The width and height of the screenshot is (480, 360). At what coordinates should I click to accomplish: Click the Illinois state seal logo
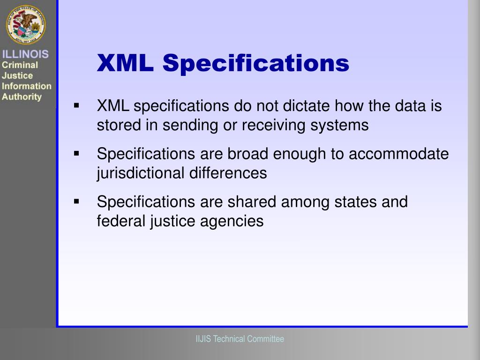[26, 24]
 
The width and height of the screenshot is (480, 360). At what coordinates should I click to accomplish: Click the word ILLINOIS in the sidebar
[25, 54]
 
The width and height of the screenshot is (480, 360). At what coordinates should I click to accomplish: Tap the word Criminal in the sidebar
[20, 65]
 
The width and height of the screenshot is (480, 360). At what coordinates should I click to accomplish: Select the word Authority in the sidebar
[22, 97]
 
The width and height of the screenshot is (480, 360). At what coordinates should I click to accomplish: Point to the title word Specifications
[256, 64]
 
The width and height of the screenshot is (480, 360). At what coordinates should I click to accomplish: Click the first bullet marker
[76, 105]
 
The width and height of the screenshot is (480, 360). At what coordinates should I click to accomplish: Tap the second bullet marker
[76, 153]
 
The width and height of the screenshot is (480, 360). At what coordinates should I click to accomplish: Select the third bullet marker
[76, 202]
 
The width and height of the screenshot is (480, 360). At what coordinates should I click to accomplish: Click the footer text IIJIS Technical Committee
[240, 339]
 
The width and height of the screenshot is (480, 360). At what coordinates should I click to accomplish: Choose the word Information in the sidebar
[27, 86]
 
